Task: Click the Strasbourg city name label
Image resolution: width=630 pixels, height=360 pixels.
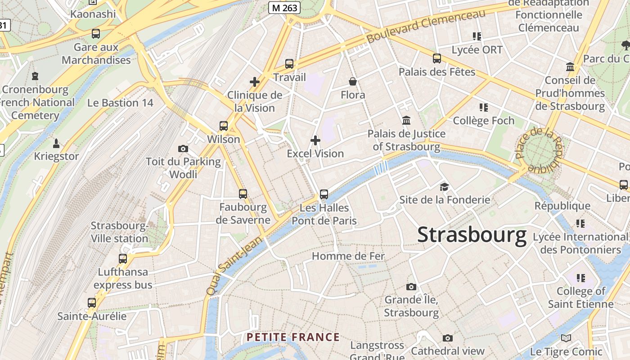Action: click(472, 235)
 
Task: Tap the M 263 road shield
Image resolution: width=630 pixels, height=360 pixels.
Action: click(284, 7)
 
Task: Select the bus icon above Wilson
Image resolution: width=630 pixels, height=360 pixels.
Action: click(224, 126)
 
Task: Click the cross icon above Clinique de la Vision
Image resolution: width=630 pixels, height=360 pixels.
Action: click(255, 82)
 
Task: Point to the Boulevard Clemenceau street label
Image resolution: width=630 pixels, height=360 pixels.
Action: click(426, 26)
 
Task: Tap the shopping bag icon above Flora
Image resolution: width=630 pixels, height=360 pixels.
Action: click(353, 81)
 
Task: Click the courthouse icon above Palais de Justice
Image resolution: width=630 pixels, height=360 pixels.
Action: click(406, 120)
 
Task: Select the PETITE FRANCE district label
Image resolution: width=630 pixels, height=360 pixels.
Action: click(293, 337)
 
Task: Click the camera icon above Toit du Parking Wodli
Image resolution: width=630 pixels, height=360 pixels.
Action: click(183, 148)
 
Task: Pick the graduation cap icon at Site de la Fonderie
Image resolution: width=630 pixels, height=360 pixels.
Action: click(444, 187)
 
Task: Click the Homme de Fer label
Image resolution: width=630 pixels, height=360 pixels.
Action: click(348, 256)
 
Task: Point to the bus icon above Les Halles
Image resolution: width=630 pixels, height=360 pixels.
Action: click(324, 194)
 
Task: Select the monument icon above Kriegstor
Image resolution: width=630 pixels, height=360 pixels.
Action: click(56, 143)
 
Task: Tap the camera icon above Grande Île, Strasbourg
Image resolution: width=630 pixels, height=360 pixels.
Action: click(411, 287)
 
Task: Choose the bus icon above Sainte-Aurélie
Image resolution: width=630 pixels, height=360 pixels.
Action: click(92, 302)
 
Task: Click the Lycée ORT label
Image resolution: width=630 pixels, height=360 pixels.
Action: click(477, 49)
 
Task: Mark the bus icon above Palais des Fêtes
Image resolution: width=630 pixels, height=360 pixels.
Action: click(437, 58)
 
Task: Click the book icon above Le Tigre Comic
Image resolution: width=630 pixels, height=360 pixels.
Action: click(566, 338)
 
